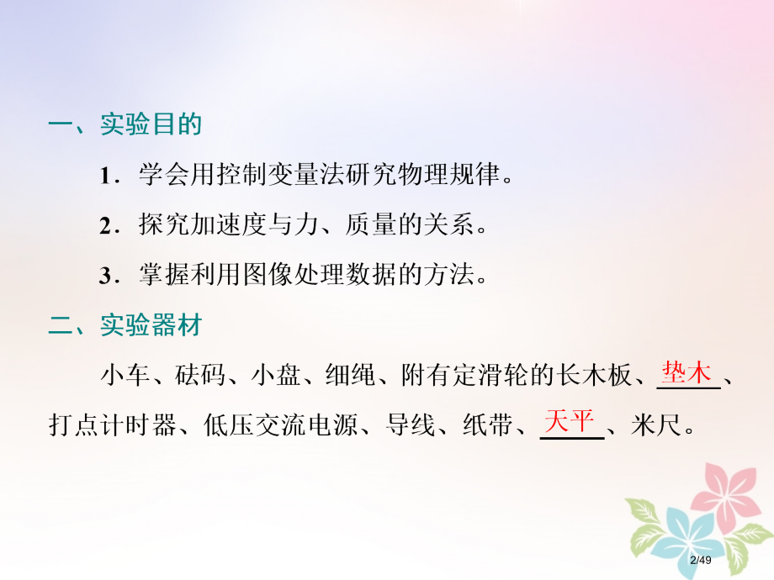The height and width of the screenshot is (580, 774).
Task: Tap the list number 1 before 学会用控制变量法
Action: [x=105, y=177]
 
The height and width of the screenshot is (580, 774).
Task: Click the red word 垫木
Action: [x=687, y=372]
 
